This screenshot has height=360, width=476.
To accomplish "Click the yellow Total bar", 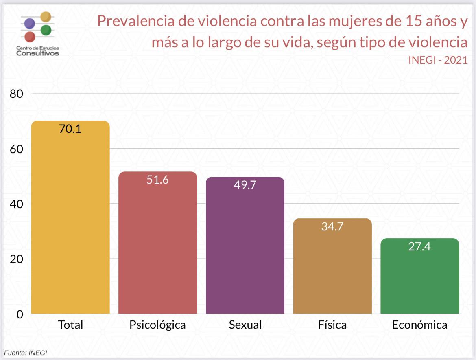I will [70, 220].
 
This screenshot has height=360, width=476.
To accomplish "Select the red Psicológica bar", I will [157, 244].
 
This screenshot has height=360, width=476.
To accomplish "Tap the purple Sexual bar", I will [245, 248].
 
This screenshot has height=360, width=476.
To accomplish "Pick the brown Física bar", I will [332, 269].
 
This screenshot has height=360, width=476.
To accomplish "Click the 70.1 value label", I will [70, 129].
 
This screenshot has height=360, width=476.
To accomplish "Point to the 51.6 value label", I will [157, 180].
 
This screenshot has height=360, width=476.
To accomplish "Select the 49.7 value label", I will [245, 185].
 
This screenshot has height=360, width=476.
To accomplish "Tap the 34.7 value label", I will [332, 226].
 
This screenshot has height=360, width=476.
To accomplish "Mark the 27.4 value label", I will [420, 246].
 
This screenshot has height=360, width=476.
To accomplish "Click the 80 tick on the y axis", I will [17, 94].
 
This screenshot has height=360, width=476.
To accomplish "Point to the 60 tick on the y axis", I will [17, 149].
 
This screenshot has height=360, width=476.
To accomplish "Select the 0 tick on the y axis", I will [20, 314].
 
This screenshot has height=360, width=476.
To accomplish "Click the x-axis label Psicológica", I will [157, 325].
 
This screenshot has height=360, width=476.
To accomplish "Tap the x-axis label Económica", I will [420, 325].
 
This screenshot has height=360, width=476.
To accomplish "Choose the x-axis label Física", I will [332, 325].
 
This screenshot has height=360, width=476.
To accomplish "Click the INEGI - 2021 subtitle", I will [438, 60].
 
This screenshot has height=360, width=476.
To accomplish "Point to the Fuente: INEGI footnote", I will [26, 353].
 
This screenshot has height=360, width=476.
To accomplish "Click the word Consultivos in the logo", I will [37, 53].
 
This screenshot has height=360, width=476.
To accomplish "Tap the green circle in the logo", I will [46, 30].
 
